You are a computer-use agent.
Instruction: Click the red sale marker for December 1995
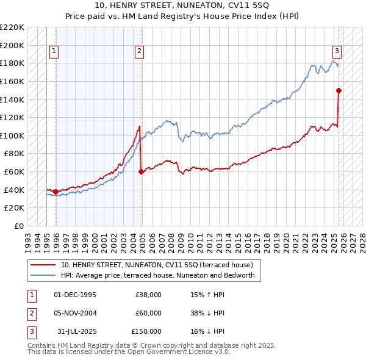click(56, 192)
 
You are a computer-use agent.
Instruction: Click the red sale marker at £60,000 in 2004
click(142, 172)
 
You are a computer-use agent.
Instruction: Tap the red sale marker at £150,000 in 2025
click(339, 91)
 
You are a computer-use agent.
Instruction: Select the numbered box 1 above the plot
click(54, 51)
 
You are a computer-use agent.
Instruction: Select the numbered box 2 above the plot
click(140, 51)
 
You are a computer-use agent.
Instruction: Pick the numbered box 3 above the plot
click(337, 51)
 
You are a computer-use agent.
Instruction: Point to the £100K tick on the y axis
click(15, 135)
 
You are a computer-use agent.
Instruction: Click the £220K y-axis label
click(13, 27)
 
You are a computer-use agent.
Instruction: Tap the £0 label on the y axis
click(20, 226)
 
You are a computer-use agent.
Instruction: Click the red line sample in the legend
click(44, 265)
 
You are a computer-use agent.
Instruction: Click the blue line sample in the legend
click(44, 275)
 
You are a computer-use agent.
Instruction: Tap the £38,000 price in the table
click(149, 295)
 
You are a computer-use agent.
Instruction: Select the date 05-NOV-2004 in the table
click(75, 313)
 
